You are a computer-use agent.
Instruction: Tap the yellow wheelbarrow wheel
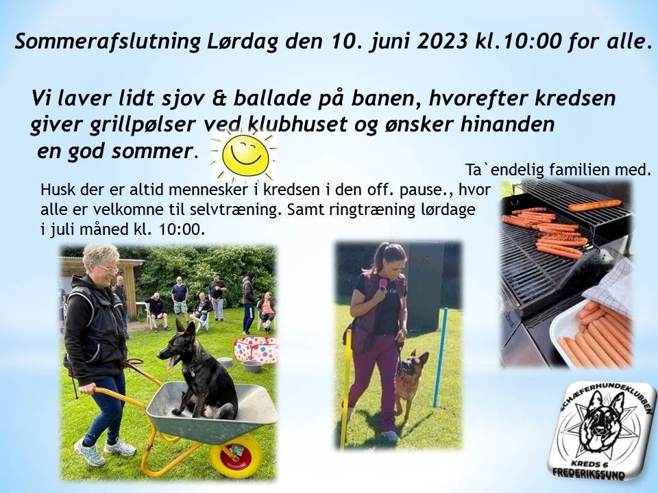pyautogui.click(x=236, y=456)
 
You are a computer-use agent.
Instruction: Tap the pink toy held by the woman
pyautogui.click(x=382, y=283)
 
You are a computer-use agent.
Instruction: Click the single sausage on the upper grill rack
pyautogui.click(x=595, y=205)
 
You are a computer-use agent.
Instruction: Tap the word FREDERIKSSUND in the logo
pyautogui.click(x=589, y=473)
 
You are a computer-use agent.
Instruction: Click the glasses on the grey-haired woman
pyautogui.click(x=108, y=269)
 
